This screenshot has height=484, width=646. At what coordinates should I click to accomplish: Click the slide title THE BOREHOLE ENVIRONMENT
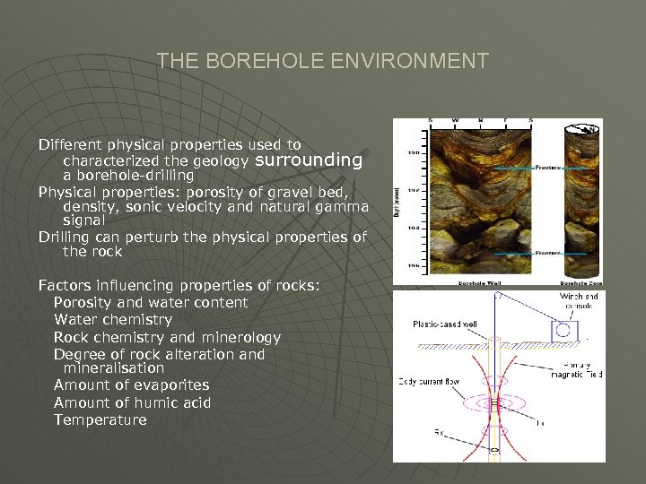(323, 61)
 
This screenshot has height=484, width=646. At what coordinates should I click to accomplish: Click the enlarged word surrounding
(310, 160)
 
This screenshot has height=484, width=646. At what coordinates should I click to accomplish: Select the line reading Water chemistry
(113, 320)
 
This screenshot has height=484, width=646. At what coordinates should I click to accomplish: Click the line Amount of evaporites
(131, 385)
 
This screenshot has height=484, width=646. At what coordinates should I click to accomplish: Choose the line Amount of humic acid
(133, 402)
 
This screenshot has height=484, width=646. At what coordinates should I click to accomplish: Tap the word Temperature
(100, 419)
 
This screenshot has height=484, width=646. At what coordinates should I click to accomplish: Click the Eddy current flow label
(429, 382)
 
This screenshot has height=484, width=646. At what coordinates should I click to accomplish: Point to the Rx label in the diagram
(440, 433)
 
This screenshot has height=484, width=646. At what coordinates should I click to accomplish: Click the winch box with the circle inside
(564, 331)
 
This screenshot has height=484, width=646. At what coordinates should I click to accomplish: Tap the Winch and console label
(579, 301)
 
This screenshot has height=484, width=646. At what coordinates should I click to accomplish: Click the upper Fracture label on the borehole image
(550, 167)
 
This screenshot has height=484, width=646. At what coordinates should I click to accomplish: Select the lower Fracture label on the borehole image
(550, 254)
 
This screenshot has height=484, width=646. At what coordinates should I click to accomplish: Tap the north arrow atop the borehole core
(589, 129)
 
